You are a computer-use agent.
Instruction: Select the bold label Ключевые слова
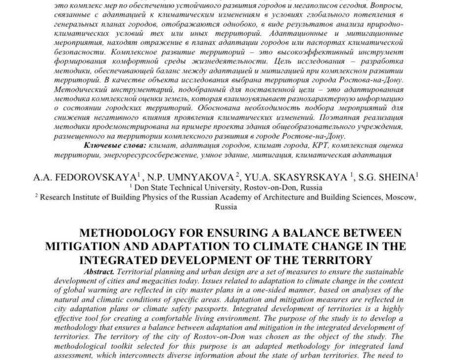click(114, 145)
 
